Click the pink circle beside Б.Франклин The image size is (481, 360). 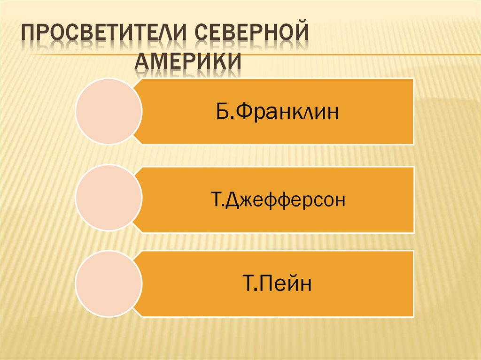pyautogui.click(x=109, y=111)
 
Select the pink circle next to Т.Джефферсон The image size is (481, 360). pyautogui.click(x=109, y=197)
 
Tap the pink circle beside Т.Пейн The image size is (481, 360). pyautogui.click(x=109, y=283)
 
